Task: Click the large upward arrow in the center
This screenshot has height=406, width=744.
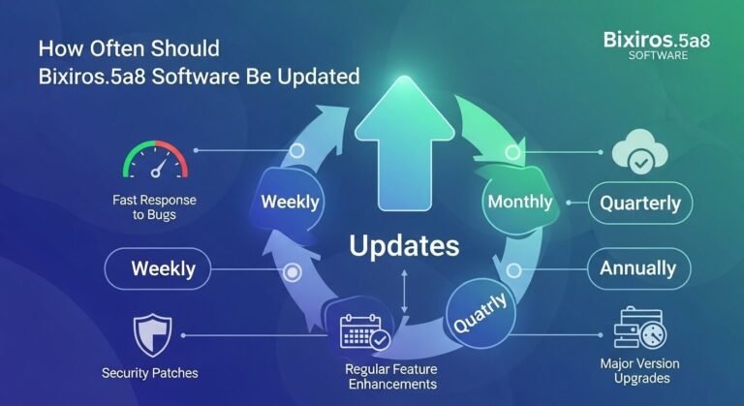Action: coord(402,145)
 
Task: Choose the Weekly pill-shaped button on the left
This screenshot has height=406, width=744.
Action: coord(163,268)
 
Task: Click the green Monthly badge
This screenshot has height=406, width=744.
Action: coord(519,202)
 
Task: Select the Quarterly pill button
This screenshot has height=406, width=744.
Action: coord(639,204)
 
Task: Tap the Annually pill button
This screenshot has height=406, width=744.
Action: coord(639,268)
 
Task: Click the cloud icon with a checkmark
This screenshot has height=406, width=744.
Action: coord(640,154)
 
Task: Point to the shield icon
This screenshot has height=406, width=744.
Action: coord(152,334)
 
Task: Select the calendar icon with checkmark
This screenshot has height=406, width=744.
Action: coord(364,332)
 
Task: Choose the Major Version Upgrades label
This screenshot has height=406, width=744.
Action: coord(639,370)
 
